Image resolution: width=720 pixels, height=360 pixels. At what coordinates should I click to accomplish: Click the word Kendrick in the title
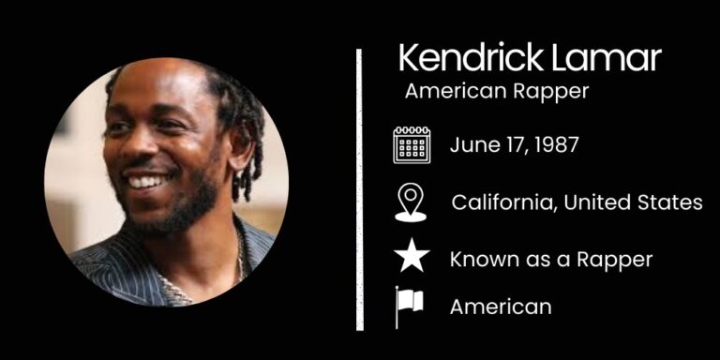click(x=461, y=59)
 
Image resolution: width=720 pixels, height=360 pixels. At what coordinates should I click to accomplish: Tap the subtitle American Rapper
click(x=496, y=92)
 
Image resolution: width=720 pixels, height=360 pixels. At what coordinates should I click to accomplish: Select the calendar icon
click(x=411, y=145)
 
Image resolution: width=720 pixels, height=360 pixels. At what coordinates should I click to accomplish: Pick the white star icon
click(x=411, y=257)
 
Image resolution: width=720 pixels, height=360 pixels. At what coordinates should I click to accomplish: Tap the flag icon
click(x=409, y=306)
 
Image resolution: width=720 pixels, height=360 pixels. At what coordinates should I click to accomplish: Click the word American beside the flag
click(x=501, y=307)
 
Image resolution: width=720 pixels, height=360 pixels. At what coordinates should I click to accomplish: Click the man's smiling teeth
click(x=145, y=181)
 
